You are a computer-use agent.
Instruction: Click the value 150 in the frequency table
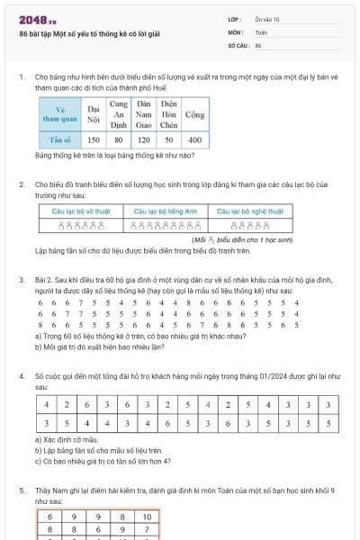94,141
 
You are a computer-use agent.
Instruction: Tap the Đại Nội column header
94,115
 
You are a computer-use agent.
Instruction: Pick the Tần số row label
62,141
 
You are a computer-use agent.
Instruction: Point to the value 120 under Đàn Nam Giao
144,141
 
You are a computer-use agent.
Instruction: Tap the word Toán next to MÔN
260,31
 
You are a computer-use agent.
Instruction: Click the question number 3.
22,280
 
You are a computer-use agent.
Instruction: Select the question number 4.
22,373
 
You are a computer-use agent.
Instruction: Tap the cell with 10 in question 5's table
145,517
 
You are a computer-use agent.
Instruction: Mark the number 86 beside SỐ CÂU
258,44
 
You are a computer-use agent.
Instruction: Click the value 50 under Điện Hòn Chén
169,141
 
